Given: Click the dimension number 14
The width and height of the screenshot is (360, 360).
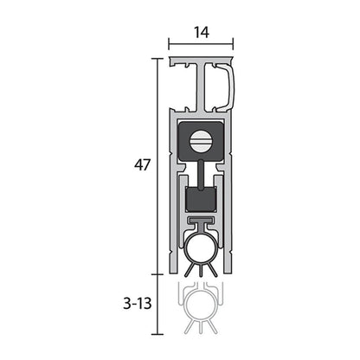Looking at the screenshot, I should (x=201, y=32).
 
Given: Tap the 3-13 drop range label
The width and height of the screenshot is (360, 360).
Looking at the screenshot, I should (x=138, y=305).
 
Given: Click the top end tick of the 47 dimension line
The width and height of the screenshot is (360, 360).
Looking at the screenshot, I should (x=157, y=59).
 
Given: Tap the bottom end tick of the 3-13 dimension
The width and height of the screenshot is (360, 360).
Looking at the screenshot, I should (x=157, y=334).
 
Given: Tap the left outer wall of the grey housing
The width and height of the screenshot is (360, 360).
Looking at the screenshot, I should (x=173, y=190).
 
